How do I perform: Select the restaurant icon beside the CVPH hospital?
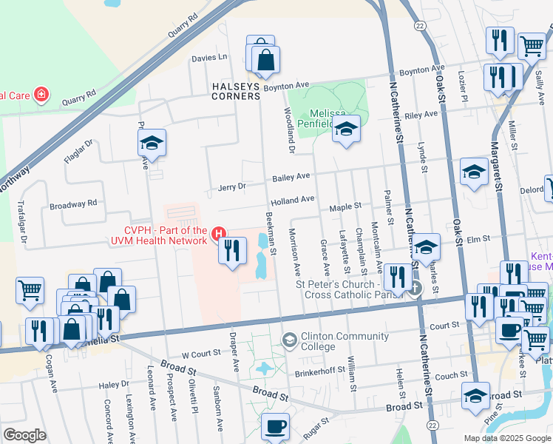(x=232, y=251)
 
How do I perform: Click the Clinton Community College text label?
(x=346, y=341)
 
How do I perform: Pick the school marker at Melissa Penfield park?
(x=346, y=131)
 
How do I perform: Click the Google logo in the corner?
(x=25, y=435)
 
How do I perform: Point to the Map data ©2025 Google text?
(x=506, y=438)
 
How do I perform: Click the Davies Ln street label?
(x=209, y=57)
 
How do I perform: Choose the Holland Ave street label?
(x=292, y=200)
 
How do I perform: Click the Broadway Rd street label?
(x=73, y=203)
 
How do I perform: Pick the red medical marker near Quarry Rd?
(x=43, y=94)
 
